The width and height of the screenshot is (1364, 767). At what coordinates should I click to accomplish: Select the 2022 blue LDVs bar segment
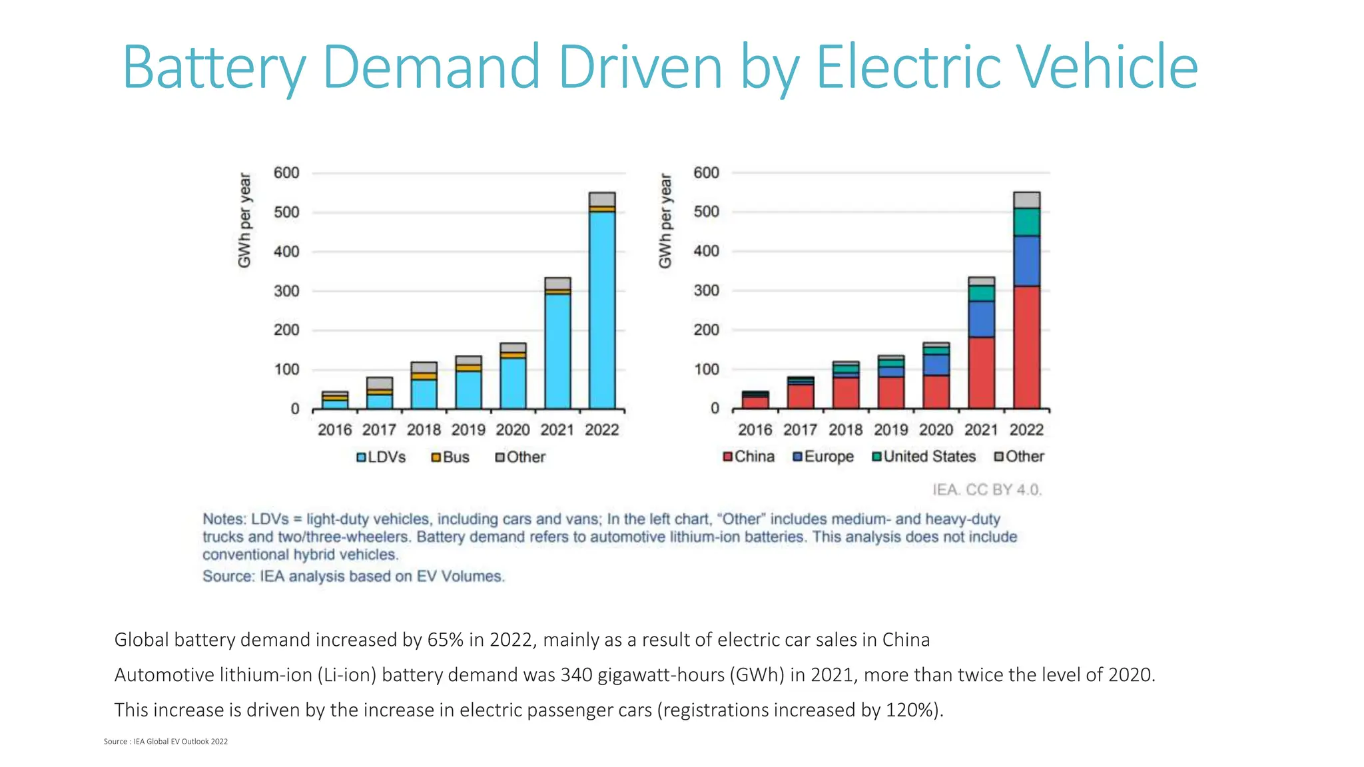(601, 310)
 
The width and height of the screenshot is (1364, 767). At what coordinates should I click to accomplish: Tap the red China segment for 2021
(981, 373)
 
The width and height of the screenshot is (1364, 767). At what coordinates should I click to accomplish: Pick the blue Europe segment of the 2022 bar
(1026, 261)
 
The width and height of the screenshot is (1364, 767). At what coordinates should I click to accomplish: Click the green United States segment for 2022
(1026, 222)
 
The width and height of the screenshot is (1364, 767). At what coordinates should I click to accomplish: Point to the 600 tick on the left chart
(286, 173)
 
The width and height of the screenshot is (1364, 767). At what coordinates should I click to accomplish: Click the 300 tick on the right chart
(706, 291)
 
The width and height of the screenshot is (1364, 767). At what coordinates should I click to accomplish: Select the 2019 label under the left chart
(468, 430)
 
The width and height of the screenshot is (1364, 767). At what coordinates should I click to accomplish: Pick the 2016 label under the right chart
(755, 430)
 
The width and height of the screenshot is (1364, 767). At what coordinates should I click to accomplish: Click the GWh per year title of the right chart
(665, 221)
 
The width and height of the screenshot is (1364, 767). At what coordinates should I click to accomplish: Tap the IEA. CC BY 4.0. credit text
(986, 490)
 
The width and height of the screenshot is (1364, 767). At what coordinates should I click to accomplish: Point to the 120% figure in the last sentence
(912, 710)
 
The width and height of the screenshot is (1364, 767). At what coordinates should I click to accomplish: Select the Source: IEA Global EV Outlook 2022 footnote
(166, 742)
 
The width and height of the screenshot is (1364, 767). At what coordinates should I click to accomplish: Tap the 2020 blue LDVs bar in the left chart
(513, 383)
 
